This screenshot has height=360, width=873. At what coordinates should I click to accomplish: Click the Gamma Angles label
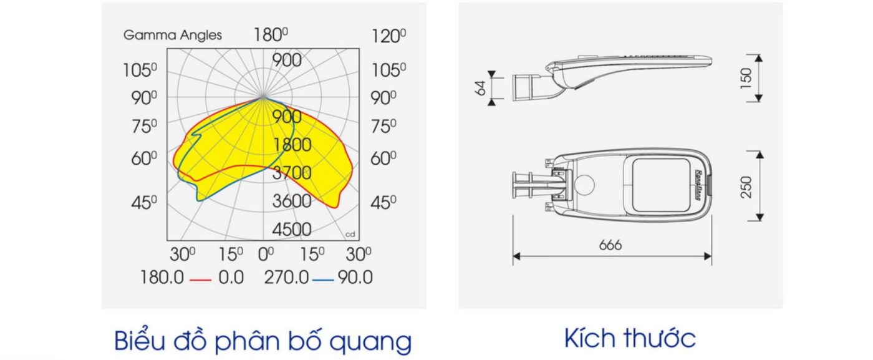coord(172,36)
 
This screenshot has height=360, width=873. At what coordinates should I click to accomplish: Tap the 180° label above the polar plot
coord(271,35)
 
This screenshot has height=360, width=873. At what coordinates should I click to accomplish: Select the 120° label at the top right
coord(388,36)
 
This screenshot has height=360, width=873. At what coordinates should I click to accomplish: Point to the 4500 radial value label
coord(292,230)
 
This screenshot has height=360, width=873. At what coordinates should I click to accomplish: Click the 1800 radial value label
coord(292,145)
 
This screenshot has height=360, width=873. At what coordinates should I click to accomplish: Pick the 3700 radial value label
coord(292,173)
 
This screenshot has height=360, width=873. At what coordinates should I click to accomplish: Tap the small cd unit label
coord(350,235)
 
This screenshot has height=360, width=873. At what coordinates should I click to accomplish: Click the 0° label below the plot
coord(266,255)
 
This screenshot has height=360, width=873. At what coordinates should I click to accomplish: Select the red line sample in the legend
coord(200,280)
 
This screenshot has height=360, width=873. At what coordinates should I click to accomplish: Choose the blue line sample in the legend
coord(323,280)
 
